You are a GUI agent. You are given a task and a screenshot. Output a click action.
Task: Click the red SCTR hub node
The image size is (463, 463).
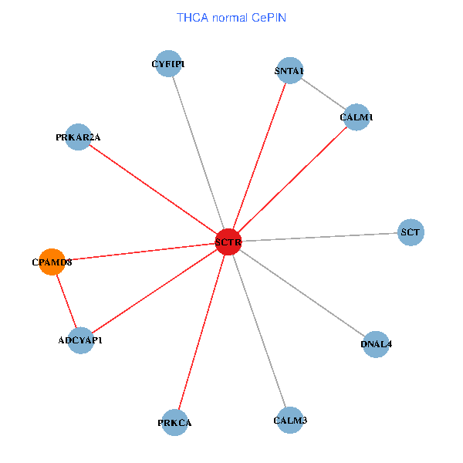tap(228, 242)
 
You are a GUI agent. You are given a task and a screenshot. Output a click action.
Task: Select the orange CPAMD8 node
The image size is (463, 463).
tap(52, 262)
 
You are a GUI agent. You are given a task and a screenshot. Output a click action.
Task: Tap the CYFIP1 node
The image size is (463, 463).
tap(168, 64)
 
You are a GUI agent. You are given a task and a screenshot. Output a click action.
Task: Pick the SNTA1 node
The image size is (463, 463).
tap(289, 71)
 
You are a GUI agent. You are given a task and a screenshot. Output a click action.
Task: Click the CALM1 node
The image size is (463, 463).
tap(356, 117)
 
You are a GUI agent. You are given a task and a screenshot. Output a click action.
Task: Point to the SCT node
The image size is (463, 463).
tap(411, 231)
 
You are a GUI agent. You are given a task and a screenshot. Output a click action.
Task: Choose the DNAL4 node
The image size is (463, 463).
tap(376, 344)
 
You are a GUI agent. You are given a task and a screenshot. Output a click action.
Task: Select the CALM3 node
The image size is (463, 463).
tap(290, 421)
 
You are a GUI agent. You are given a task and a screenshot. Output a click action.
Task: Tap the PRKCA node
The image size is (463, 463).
tap(175, 423)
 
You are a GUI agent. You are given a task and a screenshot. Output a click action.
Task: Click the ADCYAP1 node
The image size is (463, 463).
tap(80, 340)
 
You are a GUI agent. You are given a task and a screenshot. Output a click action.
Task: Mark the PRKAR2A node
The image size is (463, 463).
tap(79, 137)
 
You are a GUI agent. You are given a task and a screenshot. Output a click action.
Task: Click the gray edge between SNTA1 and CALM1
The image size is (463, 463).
tap(323, 94)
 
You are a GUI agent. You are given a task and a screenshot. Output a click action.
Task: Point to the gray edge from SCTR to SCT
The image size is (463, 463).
tap(319, 237)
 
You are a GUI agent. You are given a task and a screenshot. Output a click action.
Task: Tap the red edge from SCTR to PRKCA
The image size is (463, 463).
tap(202, 332)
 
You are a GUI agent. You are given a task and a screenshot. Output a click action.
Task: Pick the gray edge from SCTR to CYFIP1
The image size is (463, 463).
tap(198, 153)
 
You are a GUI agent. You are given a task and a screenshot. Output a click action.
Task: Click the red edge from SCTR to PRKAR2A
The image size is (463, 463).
tap(154, 190)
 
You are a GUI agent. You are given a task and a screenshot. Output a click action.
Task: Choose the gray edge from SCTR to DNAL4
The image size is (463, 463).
tap(302, 293)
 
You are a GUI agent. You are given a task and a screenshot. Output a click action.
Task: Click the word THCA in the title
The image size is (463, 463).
tap(191, 17)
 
